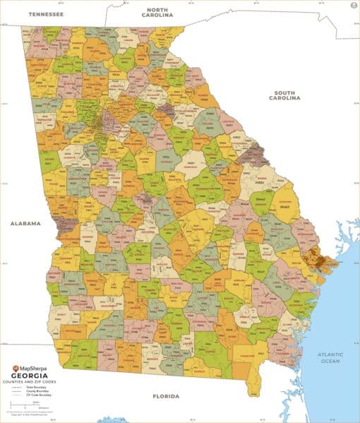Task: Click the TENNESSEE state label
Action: [45, 13]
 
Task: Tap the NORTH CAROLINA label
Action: [157, 11]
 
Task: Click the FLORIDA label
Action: [167, 397]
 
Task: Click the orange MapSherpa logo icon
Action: [16, 367]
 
